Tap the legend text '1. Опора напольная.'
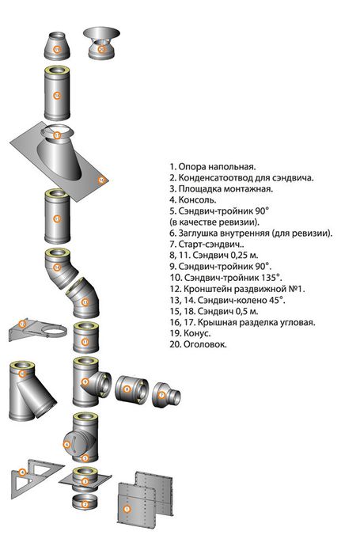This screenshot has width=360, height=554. tap(212, 167)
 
